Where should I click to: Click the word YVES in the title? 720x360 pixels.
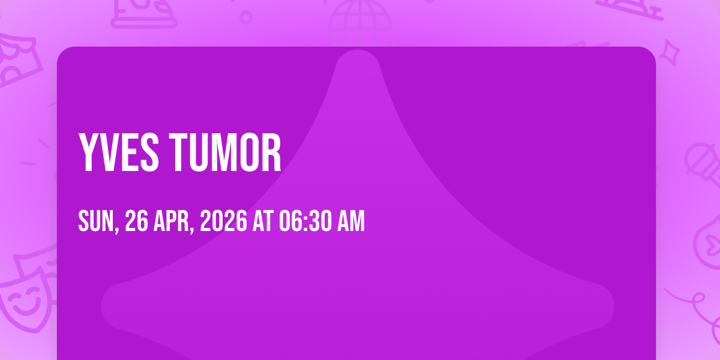point(118,152)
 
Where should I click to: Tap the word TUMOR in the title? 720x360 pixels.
point(226,152)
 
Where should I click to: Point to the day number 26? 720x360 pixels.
point(136,221)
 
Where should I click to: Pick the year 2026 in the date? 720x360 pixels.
point(224,221)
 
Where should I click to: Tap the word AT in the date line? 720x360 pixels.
point(263,221)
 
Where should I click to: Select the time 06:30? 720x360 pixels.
point(305,221)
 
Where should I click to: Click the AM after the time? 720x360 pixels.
point(351,221)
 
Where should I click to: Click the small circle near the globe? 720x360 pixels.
point(246,17)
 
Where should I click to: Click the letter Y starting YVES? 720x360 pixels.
point(88,152)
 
